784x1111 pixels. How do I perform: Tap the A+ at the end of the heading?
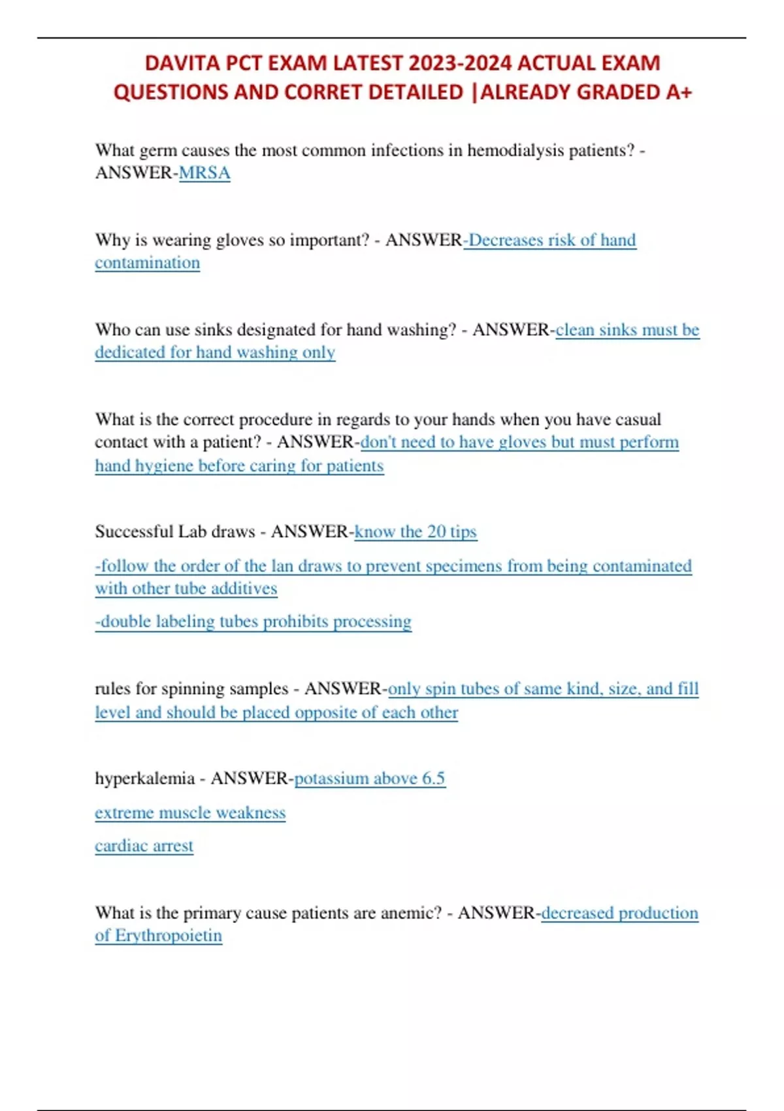pyautogui.click(x=679, y=92)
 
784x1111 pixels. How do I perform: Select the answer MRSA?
pyautogui.click(x=204, y=173)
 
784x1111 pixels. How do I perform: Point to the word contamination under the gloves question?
pyautogui.click(x=147, y=263)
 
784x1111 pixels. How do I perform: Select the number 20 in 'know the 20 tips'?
pyautogui.click(x=436, y=531)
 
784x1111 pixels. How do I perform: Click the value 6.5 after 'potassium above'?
pyautogui.click(x=434, y=778)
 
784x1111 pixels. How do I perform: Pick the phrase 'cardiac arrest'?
pyautogui.click(x=144, y=846)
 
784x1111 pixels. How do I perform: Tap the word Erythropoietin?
pyautogui.click(x=169, y=935)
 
